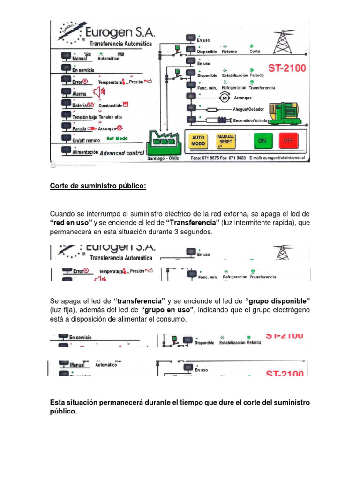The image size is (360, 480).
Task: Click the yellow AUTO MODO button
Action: pyautogui.click(x=198, y=141)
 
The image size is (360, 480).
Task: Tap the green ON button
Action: pyautogui.click(x=262, y=141)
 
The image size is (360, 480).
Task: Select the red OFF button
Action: pyautogui.click(x=288, y=141)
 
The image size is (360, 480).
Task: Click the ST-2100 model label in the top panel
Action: pyautogui.click(x=287, y=68)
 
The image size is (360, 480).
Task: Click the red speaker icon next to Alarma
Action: pyautogui.click(x=99, y=92)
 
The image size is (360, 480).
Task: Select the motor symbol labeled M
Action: pyautogui.click(x=224, y=97)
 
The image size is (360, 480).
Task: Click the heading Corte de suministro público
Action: pyautogui.click(x=98, y=187)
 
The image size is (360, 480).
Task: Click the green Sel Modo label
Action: pyautogui.click(x=117, y=139)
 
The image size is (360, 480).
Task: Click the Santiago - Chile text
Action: pyautogui.click(x=164, y=158)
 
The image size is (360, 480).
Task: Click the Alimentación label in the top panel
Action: pyautogui.click(x=85, y=152)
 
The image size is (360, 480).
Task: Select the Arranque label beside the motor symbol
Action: pyautogui.click(x=243, y=97)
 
